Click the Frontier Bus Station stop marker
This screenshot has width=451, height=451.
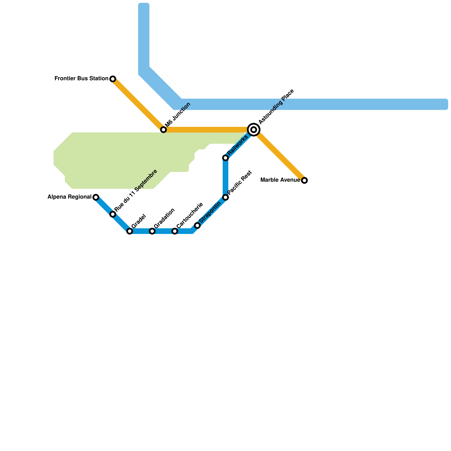(x=113, y=79)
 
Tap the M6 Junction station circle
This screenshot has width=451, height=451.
(x=163, y=130)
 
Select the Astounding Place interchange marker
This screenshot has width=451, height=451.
(x=254, y=130)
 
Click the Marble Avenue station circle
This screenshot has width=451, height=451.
(x=304, y=180)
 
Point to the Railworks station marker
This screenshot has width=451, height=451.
(x=225, y=158)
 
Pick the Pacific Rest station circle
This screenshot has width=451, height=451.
(x=225, y=197)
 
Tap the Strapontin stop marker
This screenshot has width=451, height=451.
(x=197, y=225)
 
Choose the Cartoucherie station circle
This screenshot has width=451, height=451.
(x=175, y=231)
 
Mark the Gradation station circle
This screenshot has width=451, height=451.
(x=152, y=231)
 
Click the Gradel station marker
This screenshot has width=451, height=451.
(x=130, y=231)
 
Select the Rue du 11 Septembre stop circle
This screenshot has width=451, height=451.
(x=113, y=214)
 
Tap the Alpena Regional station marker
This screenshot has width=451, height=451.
(x=96, y=197)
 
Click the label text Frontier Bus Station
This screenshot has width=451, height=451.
(x=81, y=79)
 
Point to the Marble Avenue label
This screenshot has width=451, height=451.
(x=280, y=180)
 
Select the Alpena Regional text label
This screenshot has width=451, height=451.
(x=69, y=197)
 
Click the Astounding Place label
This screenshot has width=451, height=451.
(x=276, y=107)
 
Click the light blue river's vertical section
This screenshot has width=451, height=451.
(x=144, y=37)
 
